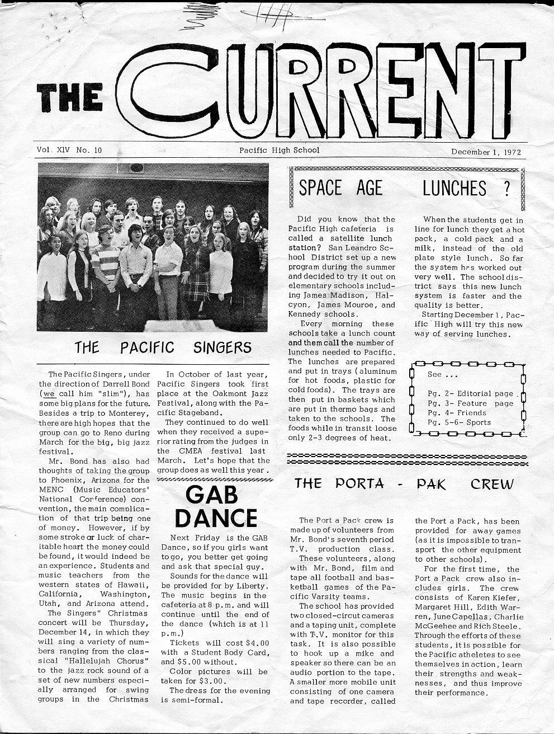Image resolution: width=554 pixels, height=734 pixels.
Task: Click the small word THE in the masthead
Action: click(70, 99)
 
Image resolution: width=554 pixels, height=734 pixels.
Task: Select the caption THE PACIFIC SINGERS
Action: click(163, 347)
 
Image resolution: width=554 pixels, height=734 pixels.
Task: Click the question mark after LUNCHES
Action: click(506, 189)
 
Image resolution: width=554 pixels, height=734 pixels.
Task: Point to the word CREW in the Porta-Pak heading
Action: click(491, 483)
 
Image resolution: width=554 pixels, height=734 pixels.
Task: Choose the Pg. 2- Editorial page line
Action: click(470, 393)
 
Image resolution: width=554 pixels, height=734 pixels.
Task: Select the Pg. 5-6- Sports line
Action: click(459, 422)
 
